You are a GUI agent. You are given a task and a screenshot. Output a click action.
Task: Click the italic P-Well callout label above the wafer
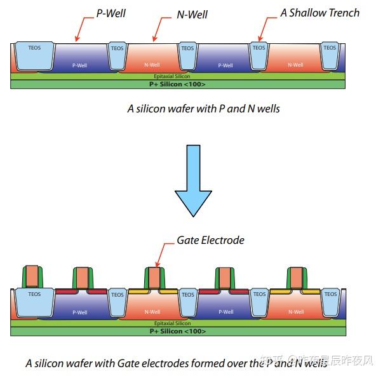[110, 12]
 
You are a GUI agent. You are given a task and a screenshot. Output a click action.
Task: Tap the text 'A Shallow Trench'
[319, 13]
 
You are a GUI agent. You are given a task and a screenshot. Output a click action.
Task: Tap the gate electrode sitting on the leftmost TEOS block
[33, 276]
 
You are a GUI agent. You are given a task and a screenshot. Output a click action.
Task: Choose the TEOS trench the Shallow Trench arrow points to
[259, 56]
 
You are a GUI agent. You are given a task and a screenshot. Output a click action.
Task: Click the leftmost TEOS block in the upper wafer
[34, 56]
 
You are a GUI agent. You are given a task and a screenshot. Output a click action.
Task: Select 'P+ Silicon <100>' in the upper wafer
[177, 84]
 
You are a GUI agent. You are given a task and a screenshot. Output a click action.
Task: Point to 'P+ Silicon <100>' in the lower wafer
[177, 331]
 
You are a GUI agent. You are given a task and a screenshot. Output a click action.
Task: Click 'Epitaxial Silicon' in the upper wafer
[177, 76]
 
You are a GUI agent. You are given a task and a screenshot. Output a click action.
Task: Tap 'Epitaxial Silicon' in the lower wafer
[177, 323]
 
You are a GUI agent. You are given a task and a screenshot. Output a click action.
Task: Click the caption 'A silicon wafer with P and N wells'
[203, 109]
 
